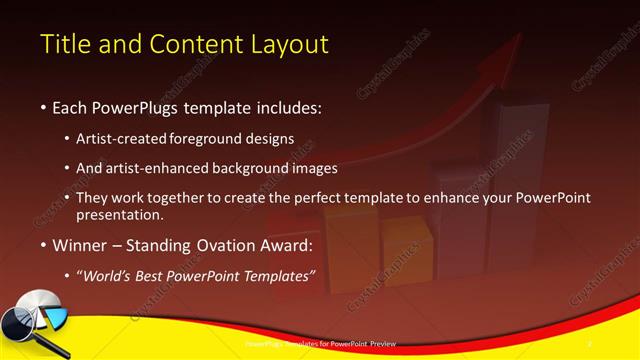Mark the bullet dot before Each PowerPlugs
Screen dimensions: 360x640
pyautogui.click(x=43, y=107)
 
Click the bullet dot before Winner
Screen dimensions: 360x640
pyautogui.click(x=43, y=245)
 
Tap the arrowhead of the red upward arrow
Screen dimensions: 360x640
pyautogui.click(x=512, y=46)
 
